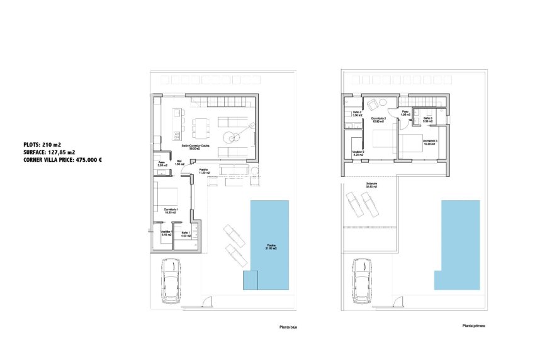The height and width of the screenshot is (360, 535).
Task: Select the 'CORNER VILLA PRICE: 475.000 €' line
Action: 62,159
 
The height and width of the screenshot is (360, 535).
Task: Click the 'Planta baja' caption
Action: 288,327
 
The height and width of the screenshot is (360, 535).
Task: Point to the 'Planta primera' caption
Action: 473,326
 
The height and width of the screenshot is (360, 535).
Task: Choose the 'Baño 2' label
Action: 356,113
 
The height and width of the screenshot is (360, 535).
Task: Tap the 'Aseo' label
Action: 161,164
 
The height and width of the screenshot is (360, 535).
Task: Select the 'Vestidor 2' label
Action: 358,153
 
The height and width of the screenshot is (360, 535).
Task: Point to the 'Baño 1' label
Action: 185,234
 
